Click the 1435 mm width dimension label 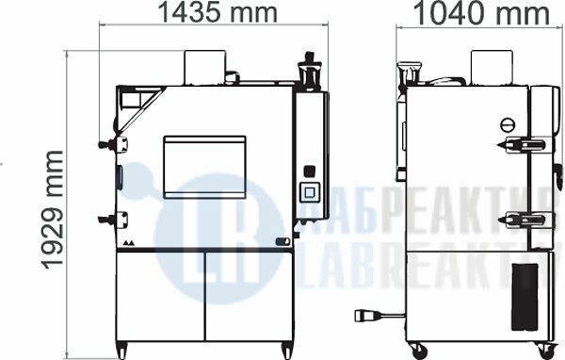(x=218, y=12)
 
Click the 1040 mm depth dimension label (x=481, y=13)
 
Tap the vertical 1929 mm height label (x=53, y=210)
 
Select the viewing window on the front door (x=204, y=167)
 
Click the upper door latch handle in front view (x=113, y=144)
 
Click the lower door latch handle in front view (x=113, y=219)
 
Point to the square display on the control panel (x=310, y=192)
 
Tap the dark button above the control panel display (x=310, y=171)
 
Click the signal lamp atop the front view (x=310, y=71)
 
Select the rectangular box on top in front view (x=205, y=68)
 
